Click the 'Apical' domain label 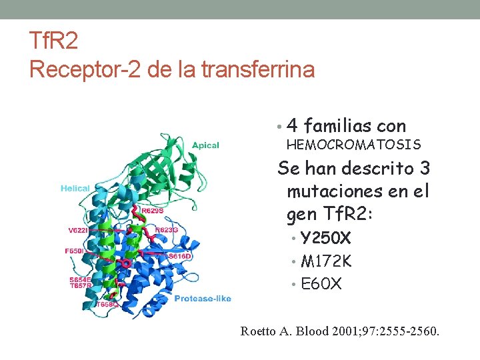(x=205, y=145)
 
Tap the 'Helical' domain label (x=75, y=189)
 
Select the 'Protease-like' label (x=203, y=298)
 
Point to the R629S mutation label (x=153, y=211)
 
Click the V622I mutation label (x=77, y=230)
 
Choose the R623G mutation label (x=167, y=229)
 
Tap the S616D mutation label (x=180, y=256)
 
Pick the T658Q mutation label (x=107, y=304)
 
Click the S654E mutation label (x=81, y=279)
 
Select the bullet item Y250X (x=326, y=239)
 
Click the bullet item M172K (x=326, y=261)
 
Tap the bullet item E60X (x=321, y=284)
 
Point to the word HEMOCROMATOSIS (x=353, y=145)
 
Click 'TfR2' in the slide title (x=53, y=42)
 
